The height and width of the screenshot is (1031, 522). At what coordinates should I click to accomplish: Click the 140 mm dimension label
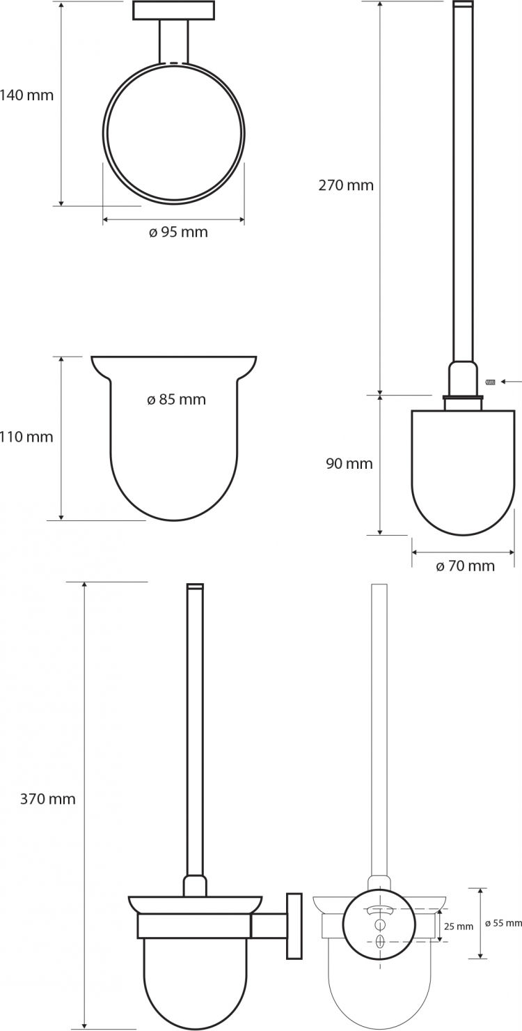pyautogui.click(x=26, y=95)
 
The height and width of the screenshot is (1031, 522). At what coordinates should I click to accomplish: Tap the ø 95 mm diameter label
pyautogui.click(x=178, y=232)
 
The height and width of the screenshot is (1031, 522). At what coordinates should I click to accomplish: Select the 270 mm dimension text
pyautogui.click(x=346, y=185)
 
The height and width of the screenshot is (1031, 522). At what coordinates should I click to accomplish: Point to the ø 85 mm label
pyautogui.click(x=176, y=399)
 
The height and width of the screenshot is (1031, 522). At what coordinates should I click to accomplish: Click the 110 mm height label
pyautogui.click(x=26, y=436)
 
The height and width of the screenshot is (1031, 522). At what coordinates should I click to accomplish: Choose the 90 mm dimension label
pyautogui.click(x=349, y=463)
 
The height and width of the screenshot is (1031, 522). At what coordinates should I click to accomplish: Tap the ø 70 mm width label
pyautogui.click(x=465, y=566)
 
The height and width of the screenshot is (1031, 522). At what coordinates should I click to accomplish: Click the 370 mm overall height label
pyautogui.click(x=48, y=798)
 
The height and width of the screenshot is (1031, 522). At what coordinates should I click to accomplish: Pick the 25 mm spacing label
pyautogui.click(x=459, y=927)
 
